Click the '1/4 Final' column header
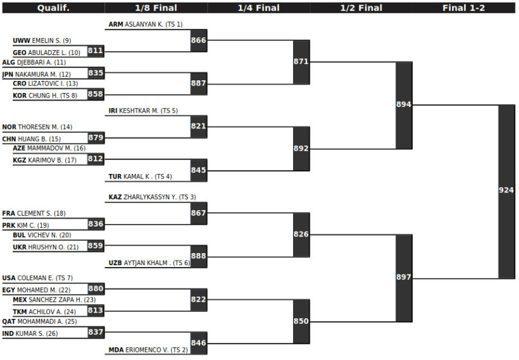click(x=258, y=8)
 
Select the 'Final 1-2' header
click(x=463, y=8)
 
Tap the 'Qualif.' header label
click(x=53, y=8)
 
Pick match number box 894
click(x=404, y=105)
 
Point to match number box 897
click(x=404, y=278)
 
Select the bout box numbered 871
click(x=301, y=62)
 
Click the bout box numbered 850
click(x=301, y=321)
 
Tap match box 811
click(x=96, y=51)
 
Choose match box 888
click(x=199, y=256)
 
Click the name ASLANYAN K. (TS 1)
click(x=153, y=24)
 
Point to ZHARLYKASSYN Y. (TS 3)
click(x=159, y=197)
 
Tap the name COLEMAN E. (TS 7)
click(x=45, y=278)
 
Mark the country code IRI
click(x=113, y=111)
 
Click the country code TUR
click(x=115, y=177)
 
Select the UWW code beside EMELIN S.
click(x=22, y=40)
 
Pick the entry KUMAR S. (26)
click(x=37, y=333)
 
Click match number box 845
click(x=199, y=170)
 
